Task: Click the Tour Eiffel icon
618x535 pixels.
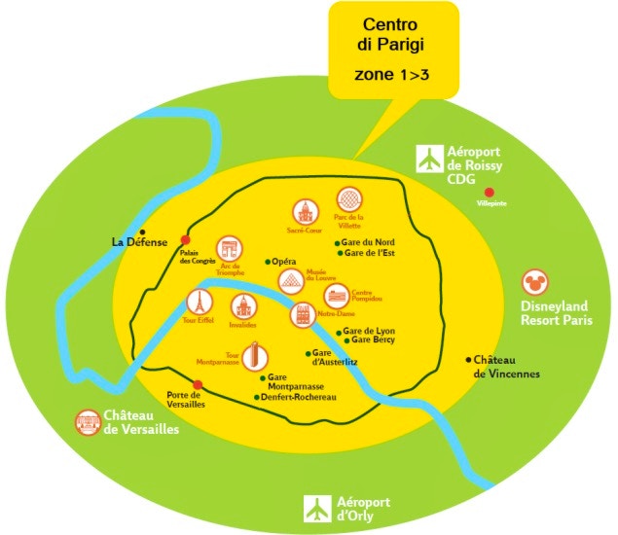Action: pyautogui.click(x=199, y=303)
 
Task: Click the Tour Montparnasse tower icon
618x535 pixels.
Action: pyautogui.click(x=255, y=356)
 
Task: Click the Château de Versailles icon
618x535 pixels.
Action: pyautogui.click(x=89, y=422)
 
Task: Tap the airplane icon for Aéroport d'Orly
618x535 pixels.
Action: pyautogui.click(x=317, y=507)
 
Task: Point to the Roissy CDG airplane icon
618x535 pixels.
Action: pyautogui.click(x=429, y=159)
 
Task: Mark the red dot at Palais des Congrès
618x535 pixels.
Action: pyautogui.click(x=186, y=240)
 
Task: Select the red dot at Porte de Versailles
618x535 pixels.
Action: pyautogui.click(x=198, y=384)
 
